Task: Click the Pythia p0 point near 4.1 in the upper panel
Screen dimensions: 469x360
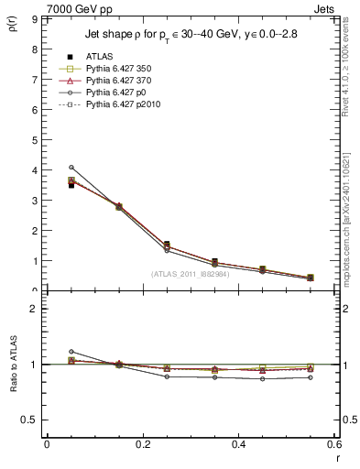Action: tap(71, 167)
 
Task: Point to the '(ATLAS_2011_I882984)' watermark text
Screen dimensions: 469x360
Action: tap(191, 273)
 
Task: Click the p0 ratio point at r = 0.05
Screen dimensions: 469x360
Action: tap(71, 352)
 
